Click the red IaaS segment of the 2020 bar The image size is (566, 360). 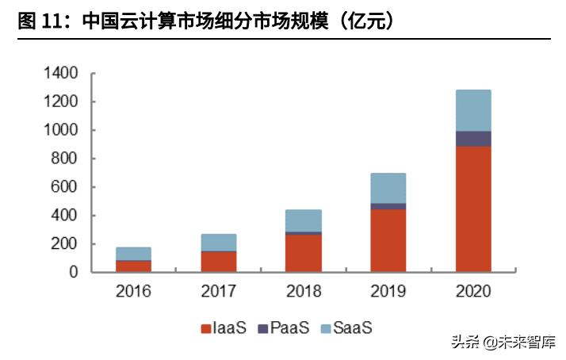(473, 209)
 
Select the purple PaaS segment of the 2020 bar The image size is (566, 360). (473, 139)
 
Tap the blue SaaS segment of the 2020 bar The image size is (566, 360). (473, 110)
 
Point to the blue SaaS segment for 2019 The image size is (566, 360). (388, 188)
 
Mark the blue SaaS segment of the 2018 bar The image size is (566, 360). (304, 220)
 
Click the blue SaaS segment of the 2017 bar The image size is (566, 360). (219, 242)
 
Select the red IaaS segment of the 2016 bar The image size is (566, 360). (133, 266)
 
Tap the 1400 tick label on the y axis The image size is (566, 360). (61, 73)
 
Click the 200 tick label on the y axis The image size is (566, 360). (66, 243)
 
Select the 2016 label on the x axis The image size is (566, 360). (133, 291)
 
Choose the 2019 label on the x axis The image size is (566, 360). (388, 291)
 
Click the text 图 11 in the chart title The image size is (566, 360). (39, 21)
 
